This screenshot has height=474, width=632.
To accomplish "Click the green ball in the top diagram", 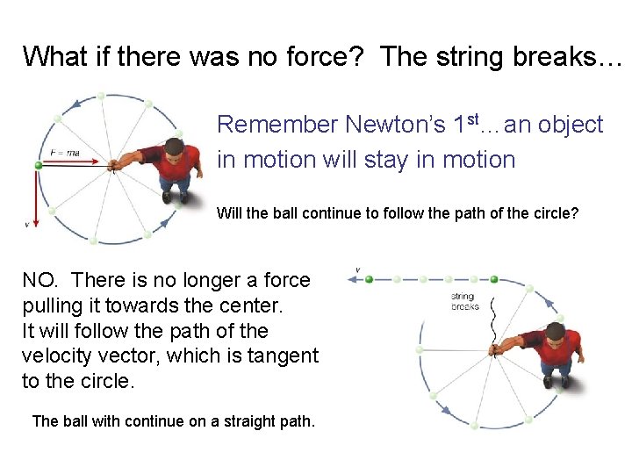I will [x=39, y=165].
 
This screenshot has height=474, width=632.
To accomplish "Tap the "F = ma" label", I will [x=65, y=153].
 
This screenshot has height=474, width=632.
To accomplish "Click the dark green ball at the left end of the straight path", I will [x=370, y=279].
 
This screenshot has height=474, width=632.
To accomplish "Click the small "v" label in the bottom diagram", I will [x=357, y=269].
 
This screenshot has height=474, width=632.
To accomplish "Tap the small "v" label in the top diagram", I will [x=27, y=225].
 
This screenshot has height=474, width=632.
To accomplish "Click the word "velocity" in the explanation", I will [x=59, y=355].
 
